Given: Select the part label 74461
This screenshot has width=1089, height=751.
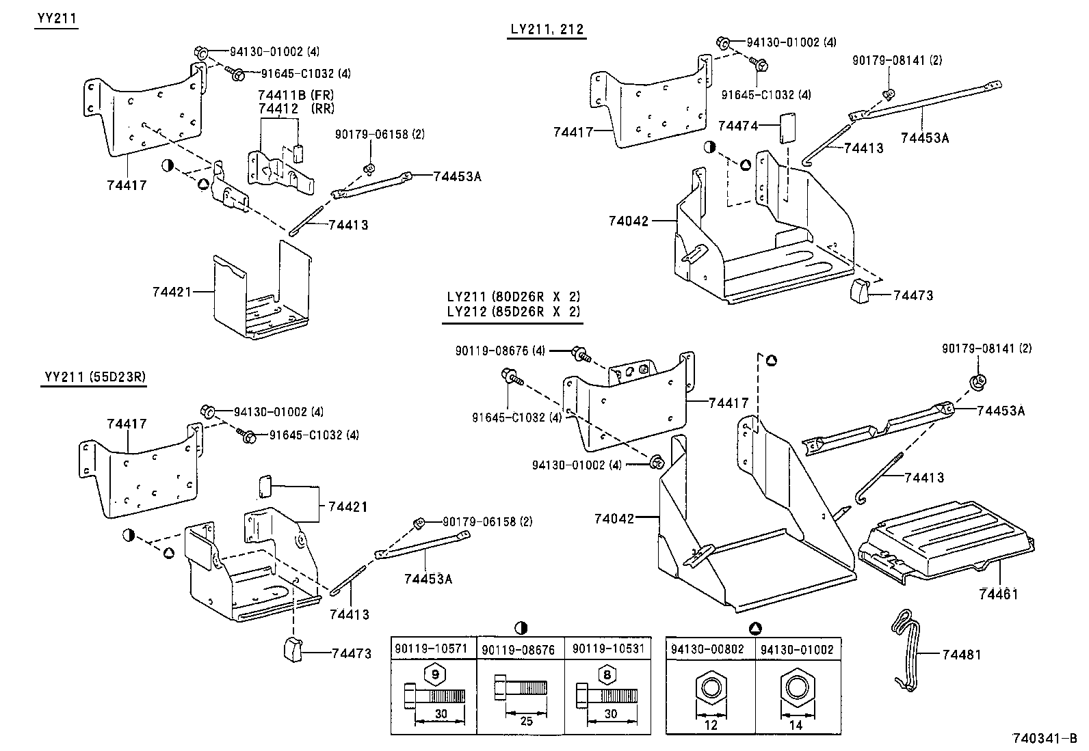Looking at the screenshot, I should click(999, 594).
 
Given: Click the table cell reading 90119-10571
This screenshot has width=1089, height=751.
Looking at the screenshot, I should click(433, 648).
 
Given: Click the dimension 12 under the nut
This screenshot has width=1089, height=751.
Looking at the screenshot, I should click(711, 725).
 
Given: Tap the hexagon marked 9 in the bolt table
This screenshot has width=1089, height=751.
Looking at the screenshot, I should click(434, 675).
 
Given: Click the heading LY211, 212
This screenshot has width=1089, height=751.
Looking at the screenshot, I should click(547, 29).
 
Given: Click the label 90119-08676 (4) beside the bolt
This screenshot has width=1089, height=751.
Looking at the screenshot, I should click(500, 351).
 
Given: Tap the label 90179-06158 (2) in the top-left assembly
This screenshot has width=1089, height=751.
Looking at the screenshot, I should click(380, 134).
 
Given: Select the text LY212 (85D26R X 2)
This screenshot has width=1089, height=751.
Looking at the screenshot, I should click(514, 312).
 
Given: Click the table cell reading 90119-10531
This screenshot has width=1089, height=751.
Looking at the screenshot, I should click(608, 648).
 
